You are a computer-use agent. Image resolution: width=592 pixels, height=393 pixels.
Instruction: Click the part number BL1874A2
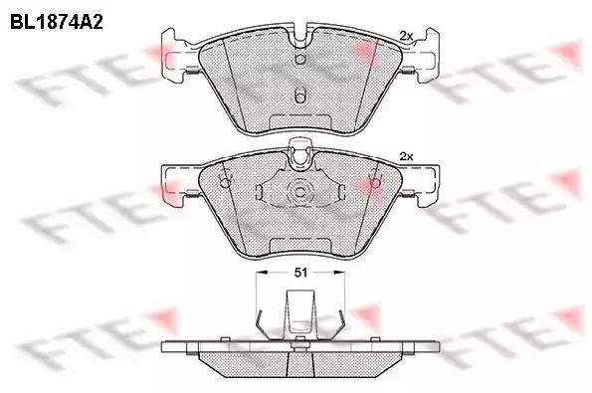click(x=57, y=22)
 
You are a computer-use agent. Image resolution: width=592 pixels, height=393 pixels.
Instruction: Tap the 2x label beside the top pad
click(x=406, y=36)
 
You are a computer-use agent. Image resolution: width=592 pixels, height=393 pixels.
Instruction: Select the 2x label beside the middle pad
click(x=406, y=156)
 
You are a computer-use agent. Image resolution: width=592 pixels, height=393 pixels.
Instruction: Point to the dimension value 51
click(x=300, y=273)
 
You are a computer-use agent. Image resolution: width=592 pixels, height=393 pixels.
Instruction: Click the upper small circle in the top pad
click(x=299, y=60)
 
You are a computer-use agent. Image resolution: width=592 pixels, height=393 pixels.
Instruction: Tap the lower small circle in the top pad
click(x=299, y=98)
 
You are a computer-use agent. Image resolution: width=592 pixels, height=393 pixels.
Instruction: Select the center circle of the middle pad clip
click(x=299, y=192)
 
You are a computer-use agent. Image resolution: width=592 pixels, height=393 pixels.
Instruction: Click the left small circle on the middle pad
click(x=225, y=183)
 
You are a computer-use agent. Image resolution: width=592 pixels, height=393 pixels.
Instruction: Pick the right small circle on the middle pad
click(x=375, y=183)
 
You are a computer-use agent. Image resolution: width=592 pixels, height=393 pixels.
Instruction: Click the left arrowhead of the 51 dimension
click(x=262, y=272)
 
